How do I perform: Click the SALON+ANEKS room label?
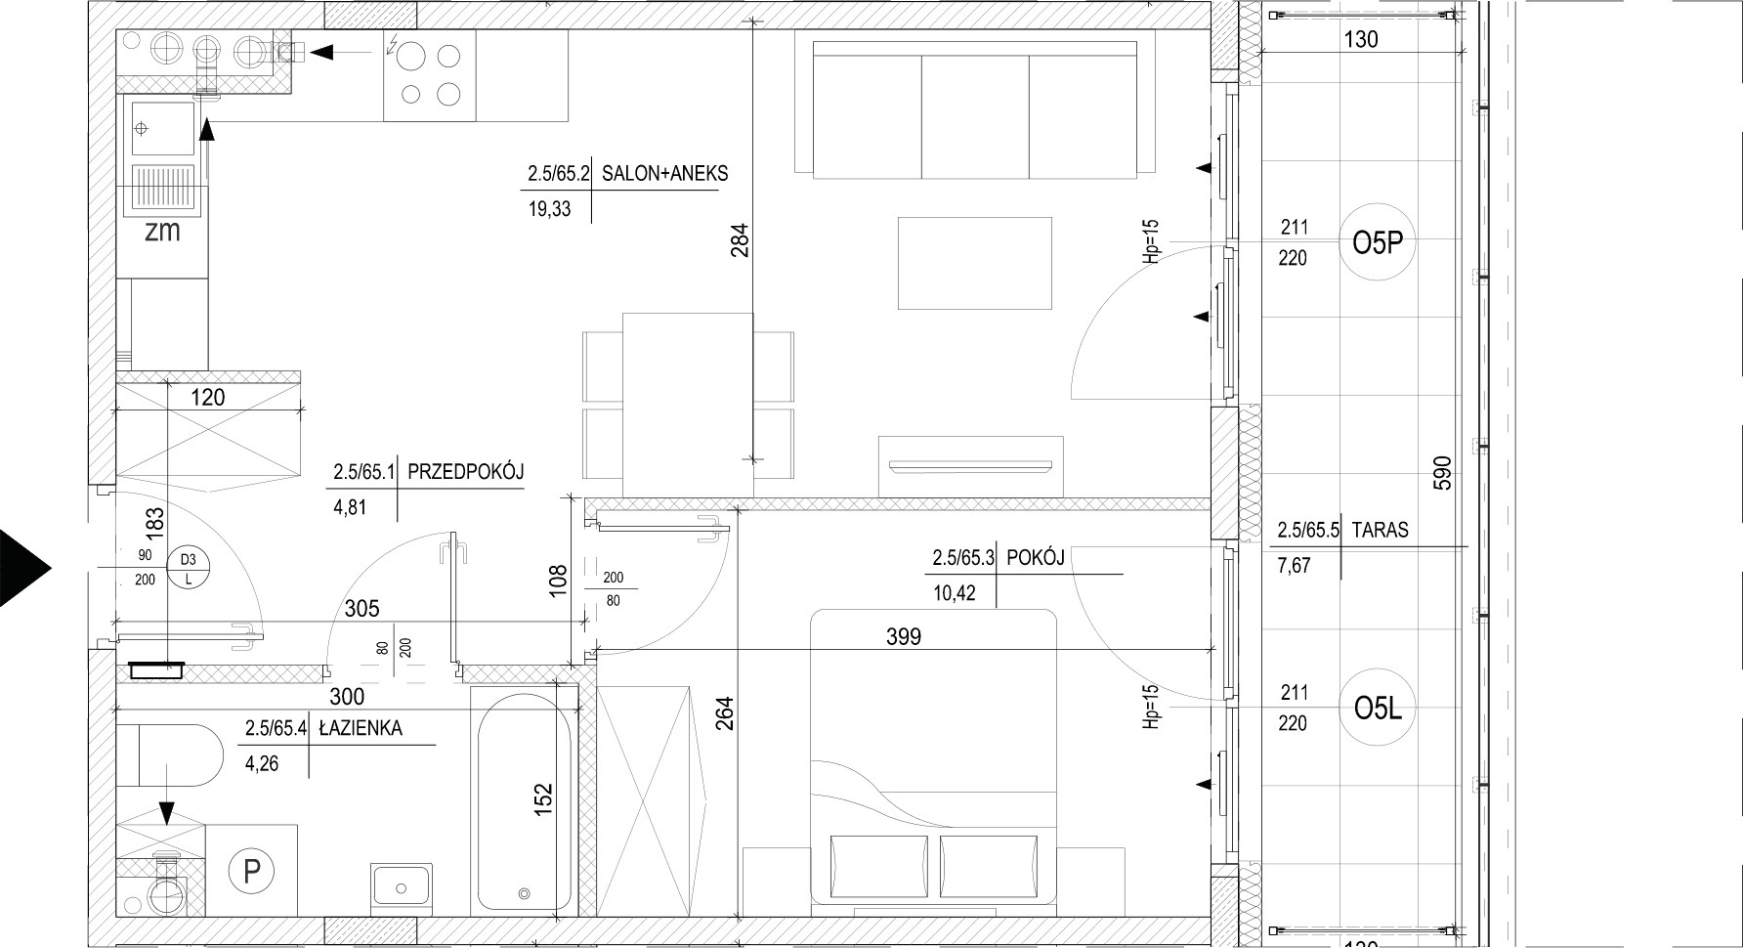664,174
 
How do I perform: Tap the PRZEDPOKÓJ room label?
465,472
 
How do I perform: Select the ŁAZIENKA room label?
360,728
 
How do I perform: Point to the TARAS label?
1381,531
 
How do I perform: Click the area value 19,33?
549,209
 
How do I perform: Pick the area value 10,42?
954,593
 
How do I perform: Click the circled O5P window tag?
1378,243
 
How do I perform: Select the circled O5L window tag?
1378,709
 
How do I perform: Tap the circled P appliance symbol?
252,870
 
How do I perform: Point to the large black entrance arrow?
24,568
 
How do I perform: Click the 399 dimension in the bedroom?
904,637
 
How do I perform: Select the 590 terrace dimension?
1444,473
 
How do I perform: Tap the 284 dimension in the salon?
739,241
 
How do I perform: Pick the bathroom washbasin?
401,884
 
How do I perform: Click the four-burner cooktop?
430,74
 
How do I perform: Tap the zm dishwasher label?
162,232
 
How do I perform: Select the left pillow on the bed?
878,865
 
